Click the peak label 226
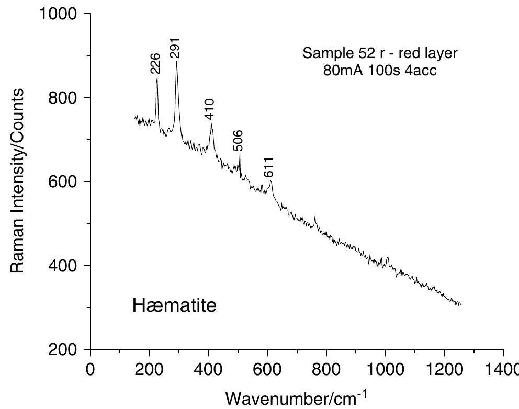coord(155,66)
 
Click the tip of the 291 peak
coord(176,62)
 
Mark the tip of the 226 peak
coord(157,77)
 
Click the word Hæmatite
coord(174,305)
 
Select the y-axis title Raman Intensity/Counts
coord(17,180)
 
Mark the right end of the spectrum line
coord(460,304)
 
